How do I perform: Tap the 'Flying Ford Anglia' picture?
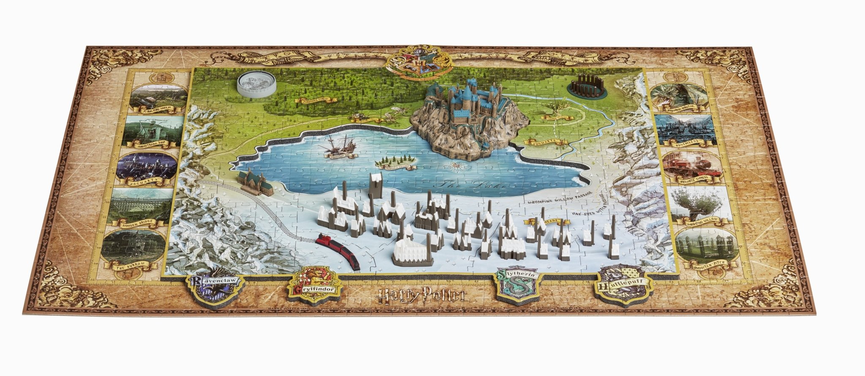click(158, 97)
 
